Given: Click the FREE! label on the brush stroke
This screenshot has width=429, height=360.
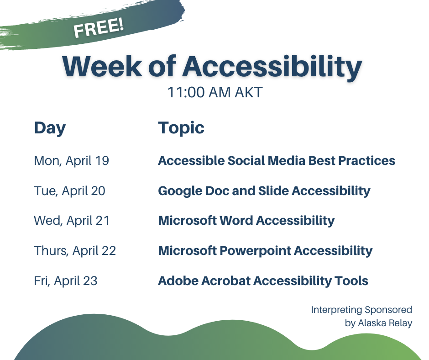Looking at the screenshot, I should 99,28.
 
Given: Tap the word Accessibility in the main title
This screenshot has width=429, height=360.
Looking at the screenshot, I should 272,67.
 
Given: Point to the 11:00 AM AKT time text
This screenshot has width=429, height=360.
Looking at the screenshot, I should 214,93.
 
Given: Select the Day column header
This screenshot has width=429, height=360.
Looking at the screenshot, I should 50,128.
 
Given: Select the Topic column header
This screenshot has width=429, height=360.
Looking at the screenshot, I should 181,128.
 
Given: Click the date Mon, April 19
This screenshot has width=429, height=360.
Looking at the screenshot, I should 71,161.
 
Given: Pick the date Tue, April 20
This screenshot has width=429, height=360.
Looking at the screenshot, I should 69,191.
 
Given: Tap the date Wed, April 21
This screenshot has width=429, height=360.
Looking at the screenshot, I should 72,221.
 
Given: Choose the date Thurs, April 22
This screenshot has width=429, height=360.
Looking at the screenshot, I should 75,251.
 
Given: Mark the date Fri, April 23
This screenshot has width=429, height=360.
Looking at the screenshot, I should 66,281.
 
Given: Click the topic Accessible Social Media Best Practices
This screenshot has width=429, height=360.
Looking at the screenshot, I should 276,161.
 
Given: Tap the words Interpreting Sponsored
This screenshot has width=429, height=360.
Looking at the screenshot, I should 361,310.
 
